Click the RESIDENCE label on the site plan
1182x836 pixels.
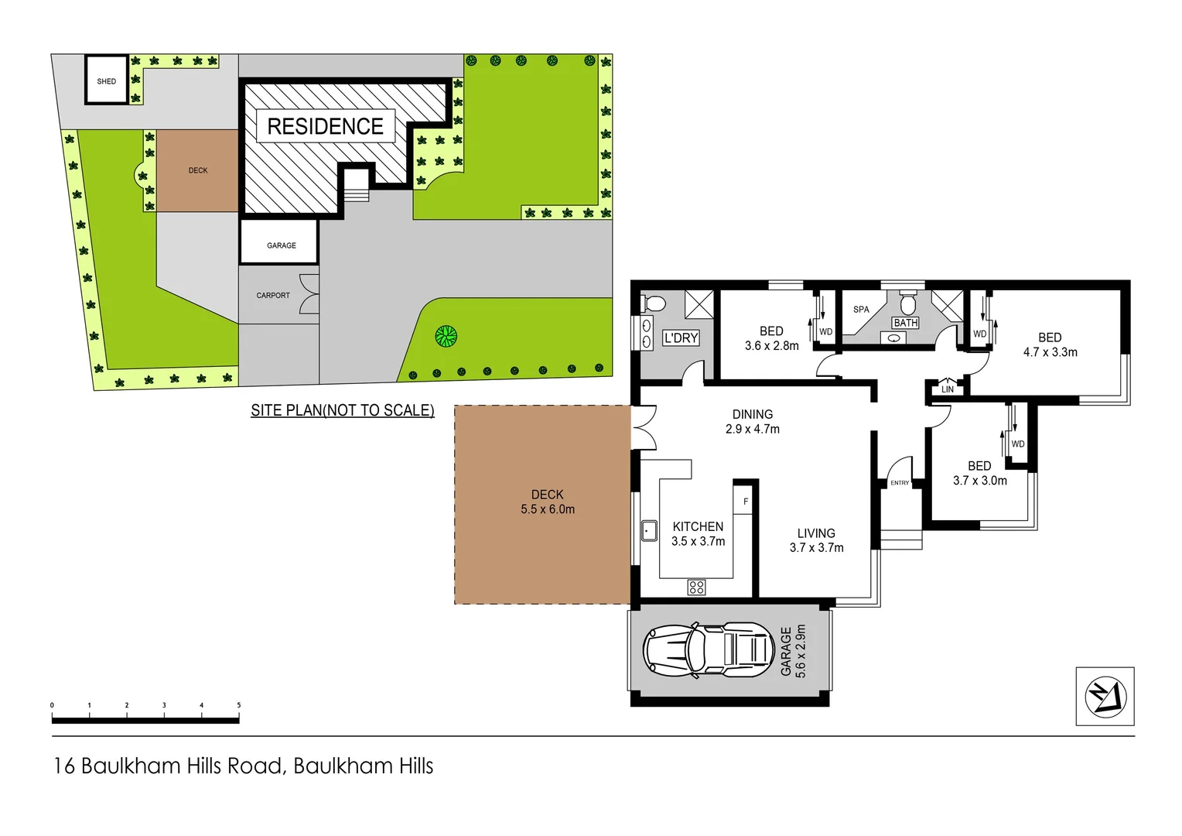pos(325,126)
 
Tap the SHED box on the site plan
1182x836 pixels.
pos(107,81)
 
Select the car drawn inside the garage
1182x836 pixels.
pos(709,648)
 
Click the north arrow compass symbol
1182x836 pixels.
pos(1105,696)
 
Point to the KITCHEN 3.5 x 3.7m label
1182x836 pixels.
pos(698,534)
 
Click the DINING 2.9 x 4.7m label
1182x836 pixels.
pos(752,422)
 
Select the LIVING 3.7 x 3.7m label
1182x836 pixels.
pos(816,540)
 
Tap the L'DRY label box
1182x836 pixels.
pos(682,338)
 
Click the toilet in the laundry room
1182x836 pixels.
pos(654,303)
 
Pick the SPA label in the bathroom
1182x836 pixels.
pos(861,309)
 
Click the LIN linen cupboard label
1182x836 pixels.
pos(948,389)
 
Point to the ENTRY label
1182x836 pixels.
pos(900,482)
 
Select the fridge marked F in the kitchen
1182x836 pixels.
pos(746,502)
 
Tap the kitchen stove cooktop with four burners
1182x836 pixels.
pos(696,587)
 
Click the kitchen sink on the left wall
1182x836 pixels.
pos(649,531)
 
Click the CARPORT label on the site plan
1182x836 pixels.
pos(273,296)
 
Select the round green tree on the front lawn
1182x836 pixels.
pos(446,336)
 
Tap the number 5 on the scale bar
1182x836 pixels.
pos(238,705)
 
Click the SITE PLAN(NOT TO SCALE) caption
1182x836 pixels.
pos(342,410)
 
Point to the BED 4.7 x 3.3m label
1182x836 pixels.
pos(1050,344)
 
